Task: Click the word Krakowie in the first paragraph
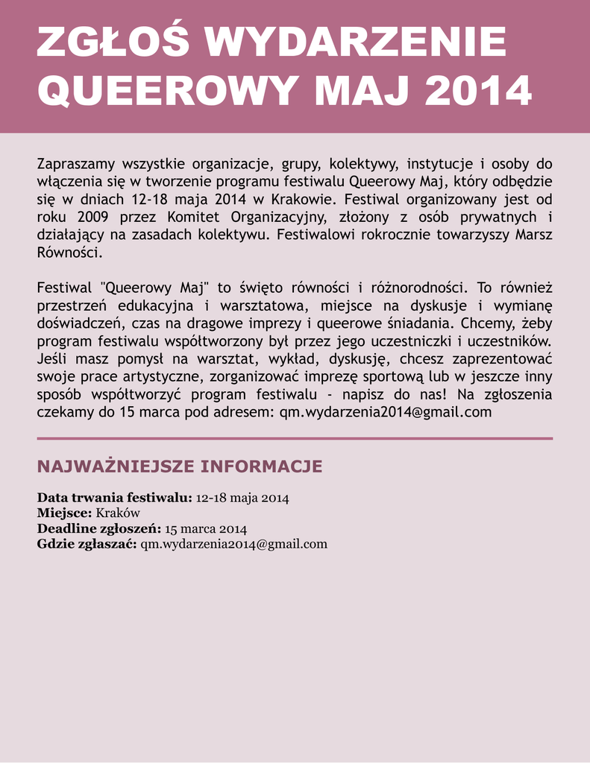coord(303,199)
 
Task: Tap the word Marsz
coord(532,235)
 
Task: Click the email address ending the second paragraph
coord(386,412)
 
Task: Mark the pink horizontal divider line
coord(295,439)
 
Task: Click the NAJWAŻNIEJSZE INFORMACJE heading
coord(180,466)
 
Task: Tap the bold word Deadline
coord(64,528)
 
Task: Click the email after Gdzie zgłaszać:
coord(234,544)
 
